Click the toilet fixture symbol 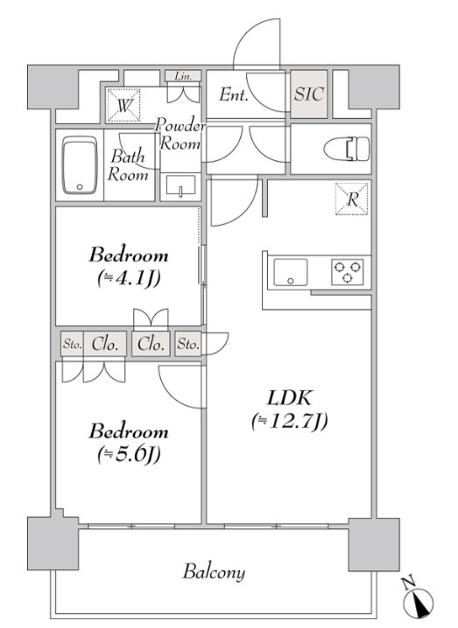[x=347, y=149]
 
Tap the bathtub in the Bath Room [x=80, y=165]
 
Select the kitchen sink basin [x=291, y=272]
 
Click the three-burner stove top [x=348, y=272]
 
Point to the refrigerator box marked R [x=352, y=199]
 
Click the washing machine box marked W [x=124, y=105]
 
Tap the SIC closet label [x=309, y=94]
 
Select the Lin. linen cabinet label [x=183, y=76]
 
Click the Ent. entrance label [x=233, y=94]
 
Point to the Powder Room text [x=180, y=134]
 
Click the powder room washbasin [x=180, y=186]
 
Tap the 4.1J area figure [x=129, y=278]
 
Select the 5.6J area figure [x=129, y=454]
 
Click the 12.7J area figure [x=290, y=421]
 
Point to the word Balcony [x=214, y=572]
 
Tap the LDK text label [x=289, y=398]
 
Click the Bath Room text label [x=128, y=165]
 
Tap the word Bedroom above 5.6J [x=129, y=431]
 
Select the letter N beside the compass [x=408, y=583]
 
